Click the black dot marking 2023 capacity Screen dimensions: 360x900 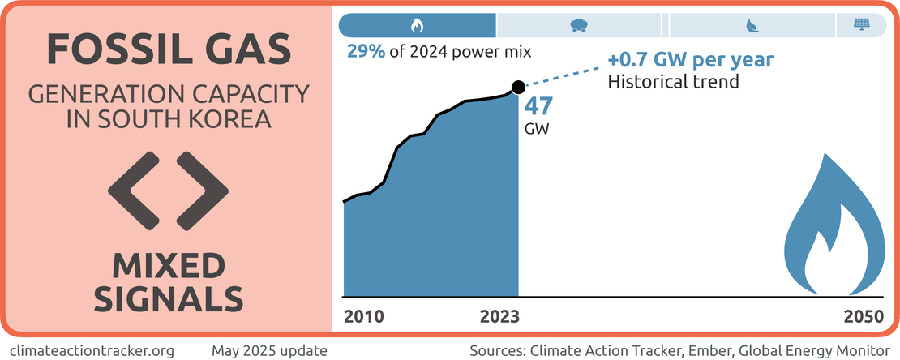point(518,87)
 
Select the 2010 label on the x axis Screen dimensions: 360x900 point(363,316)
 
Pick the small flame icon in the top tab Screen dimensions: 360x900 point(417,25)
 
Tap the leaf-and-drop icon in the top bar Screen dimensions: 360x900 point(751,25)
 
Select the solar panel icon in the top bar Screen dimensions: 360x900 point(860,25)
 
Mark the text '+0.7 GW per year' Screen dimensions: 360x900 point(690,62)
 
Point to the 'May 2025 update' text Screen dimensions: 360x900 point(269,351)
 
